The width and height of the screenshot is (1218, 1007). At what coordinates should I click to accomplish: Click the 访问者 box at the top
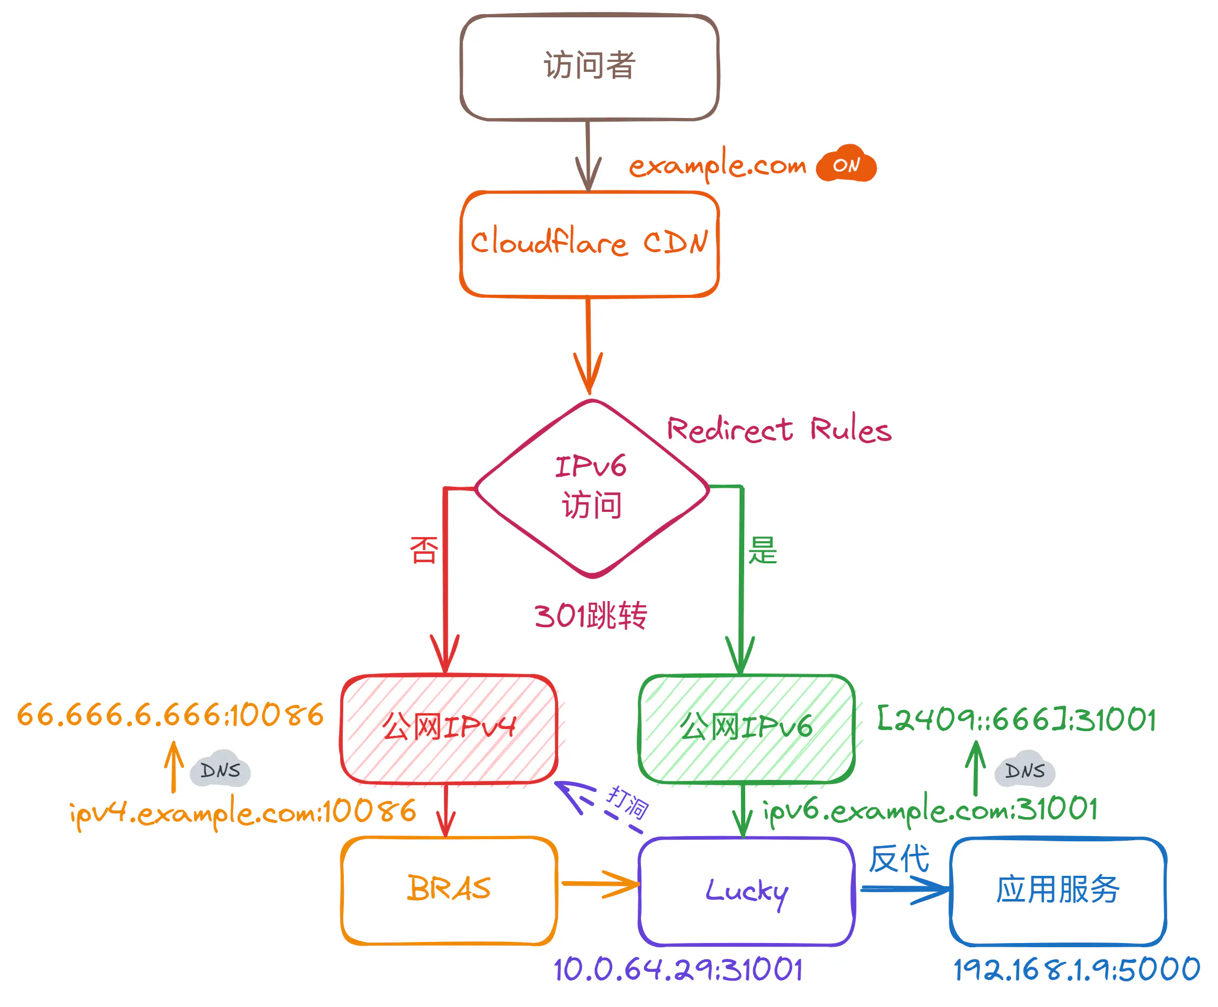click(x=589, y=67)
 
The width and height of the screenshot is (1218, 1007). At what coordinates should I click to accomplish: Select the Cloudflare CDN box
click(x=589, y=244)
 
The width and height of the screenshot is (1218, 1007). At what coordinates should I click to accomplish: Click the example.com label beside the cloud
click(x=717, y=166)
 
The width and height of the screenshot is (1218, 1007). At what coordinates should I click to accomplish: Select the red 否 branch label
click(x=424, y=549)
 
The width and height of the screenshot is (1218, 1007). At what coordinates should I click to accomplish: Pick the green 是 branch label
click(x=762, y=549)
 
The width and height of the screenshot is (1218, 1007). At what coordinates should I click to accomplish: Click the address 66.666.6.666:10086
click(x=170, y=715)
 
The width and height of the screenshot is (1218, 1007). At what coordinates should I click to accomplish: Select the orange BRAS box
click(x=449, y=888)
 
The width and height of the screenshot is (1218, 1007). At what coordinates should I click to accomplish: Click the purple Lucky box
click(x=746, y=891)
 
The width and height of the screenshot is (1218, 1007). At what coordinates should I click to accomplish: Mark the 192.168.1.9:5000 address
click(x=1076, y=969)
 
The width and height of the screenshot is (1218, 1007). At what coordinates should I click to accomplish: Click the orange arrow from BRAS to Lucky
click(x=600, y=883)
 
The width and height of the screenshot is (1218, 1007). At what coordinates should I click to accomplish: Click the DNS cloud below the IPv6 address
click(x=1025, y=770)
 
